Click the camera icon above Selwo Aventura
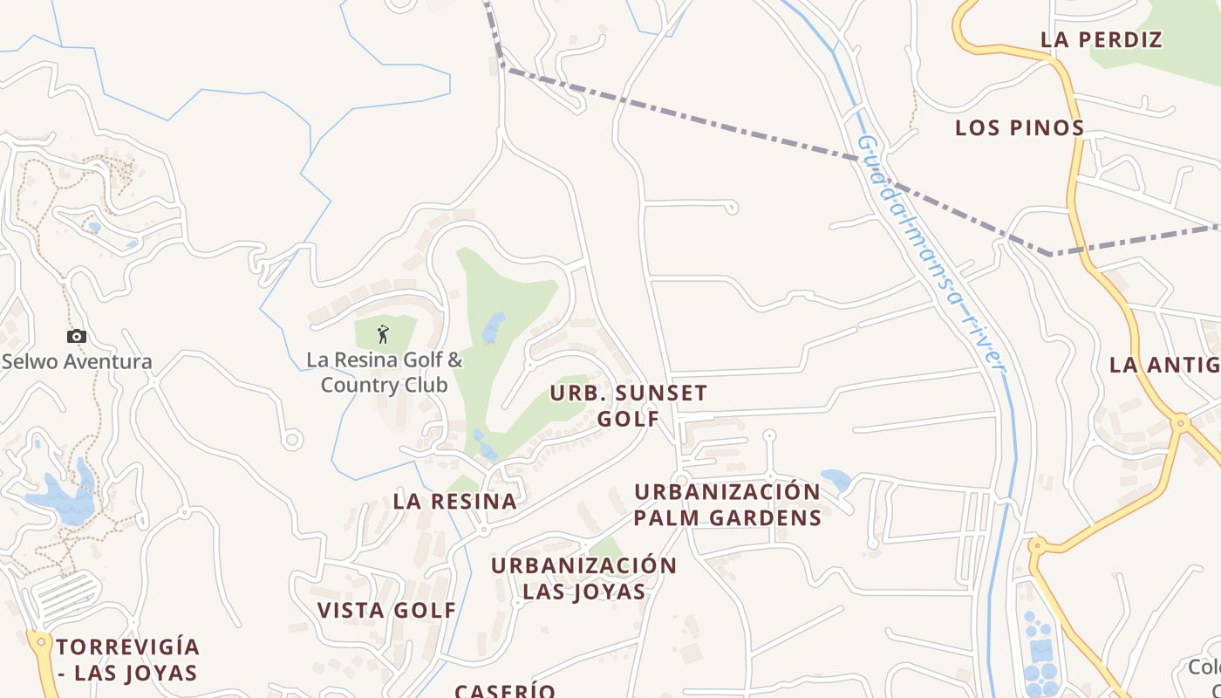coord(77,336)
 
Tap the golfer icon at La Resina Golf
coord(383,333)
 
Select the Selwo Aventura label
coord(77,361)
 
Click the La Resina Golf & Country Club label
coord(385,373)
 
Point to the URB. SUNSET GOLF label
coord(628,406)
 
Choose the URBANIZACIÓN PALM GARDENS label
coord(727,504)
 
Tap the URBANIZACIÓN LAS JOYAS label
coord(583,578)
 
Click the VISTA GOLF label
coord(386,610)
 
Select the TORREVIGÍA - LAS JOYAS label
coord(128,660)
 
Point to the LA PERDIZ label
coord(1102,39)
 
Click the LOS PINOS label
coord(1020,127)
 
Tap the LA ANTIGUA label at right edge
coord(1164,365)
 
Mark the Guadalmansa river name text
coord(931,253)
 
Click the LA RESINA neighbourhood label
coord(454,501)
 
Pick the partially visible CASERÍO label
coord(505,690)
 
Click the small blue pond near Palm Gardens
coord(836,479)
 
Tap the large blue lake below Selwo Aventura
coord(61,500)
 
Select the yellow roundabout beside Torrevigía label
coord(38,641)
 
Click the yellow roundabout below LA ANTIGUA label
coord(1180,423)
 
